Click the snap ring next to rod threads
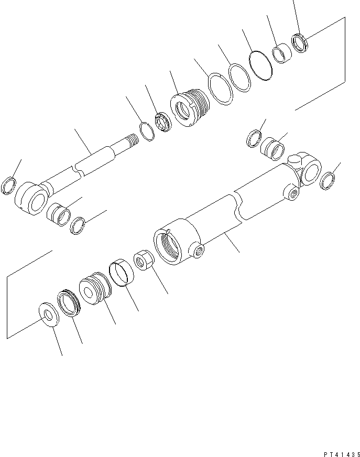[x=148, y=130]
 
